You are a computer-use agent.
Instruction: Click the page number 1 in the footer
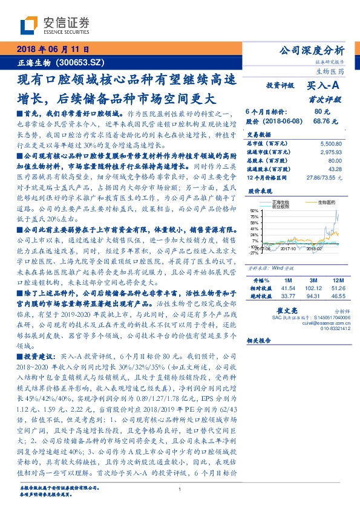click(x=180, y=490)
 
